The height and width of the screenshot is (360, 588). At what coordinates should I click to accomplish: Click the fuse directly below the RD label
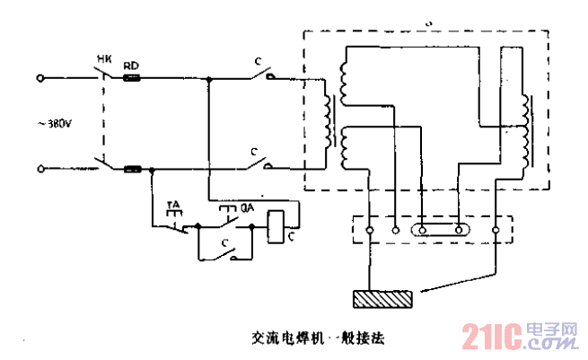pyautogui.click(x=132, y=78)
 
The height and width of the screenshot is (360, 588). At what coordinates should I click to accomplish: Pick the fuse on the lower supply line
pyautogui.click(x=133, y=169)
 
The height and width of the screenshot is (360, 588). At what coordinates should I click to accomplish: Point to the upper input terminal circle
pyautogui.click(x=40, y=78)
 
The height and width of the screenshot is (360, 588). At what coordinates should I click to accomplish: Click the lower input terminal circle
pyautogui.click(x=40, y=169)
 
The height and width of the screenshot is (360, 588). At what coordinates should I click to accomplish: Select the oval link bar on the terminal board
pyautogui.click(x=440, y=230)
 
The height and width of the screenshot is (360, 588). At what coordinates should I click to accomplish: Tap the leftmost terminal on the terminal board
pyautogui.click(x=368, y=230)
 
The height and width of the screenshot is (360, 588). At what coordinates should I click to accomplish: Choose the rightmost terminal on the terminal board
pyautogui.click(x=496, y=230)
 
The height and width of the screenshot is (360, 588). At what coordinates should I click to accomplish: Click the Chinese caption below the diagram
pyautogui.click(x=318, y=340)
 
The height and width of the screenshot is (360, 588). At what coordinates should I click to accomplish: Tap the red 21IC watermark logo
pyautogui.click(x=493, y=338)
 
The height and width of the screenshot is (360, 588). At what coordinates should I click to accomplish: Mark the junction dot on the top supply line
pyautogui.click(x=208, y=78)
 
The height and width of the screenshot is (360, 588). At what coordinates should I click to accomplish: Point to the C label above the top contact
pyautogui.click(x=259, y=62)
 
